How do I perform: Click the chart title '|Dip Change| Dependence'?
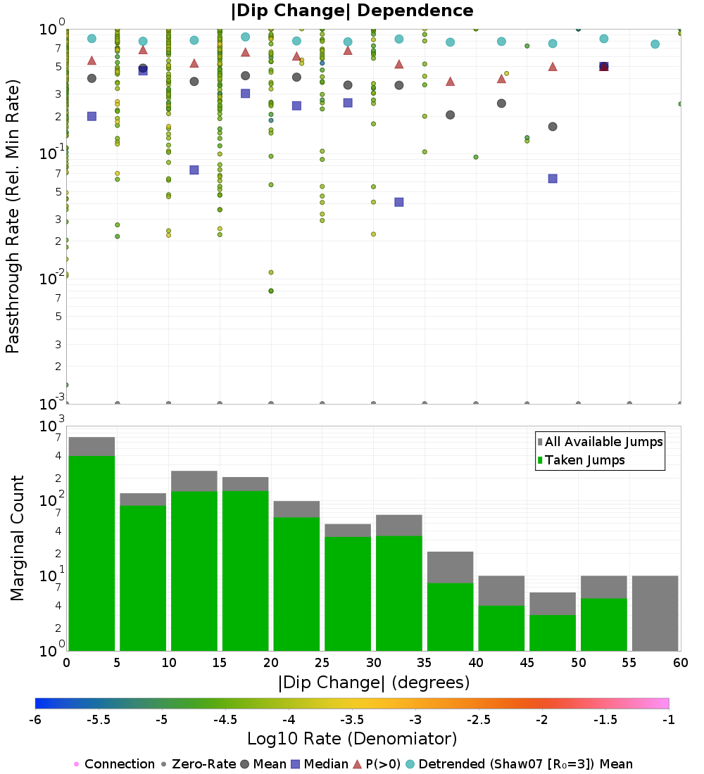click(352, 11)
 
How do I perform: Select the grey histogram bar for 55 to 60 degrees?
click(655, 613)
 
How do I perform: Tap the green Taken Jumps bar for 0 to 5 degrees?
click(92, 553)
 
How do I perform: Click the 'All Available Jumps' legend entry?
click(603, 442)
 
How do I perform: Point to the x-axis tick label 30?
click(373, 663)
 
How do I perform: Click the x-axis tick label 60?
click(680, 663)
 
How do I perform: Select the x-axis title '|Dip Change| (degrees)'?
click(373, 683)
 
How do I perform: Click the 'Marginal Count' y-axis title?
click(17, 538)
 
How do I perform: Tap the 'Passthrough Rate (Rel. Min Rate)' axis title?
click(13, 216)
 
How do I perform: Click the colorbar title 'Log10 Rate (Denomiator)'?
click(352, 739)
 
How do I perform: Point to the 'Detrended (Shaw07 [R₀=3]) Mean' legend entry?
click(525, 764)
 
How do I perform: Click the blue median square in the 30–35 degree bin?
click(399, 202)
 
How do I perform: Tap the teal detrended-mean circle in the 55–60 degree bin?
click(655, 44)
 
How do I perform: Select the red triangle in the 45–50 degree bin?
click(553, 67)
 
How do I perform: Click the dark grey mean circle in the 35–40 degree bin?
click(450, 115)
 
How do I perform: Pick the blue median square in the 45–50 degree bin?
click(553, 179)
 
